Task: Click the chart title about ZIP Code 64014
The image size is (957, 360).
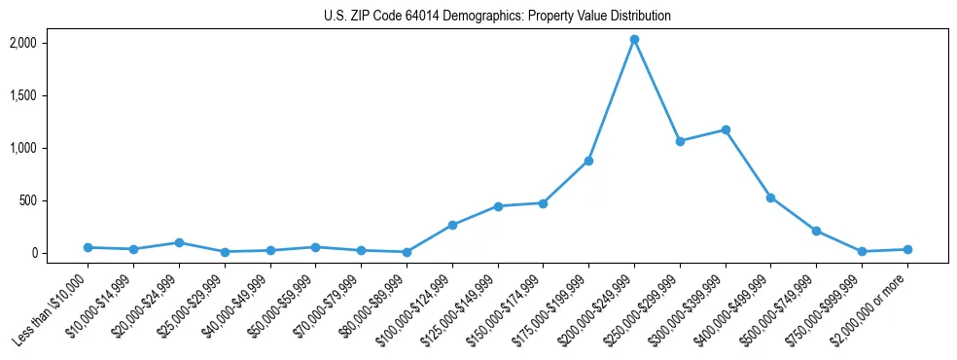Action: tap(497, 17)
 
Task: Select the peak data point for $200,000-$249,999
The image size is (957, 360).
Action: tap(634, 40)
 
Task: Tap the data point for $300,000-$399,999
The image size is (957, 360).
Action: tap(726, 129)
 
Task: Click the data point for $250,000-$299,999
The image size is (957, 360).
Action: tap(680, 141)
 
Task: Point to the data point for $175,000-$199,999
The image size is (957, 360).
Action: tap(588, 161)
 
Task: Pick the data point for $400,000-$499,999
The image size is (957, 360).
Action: tap(770, 198)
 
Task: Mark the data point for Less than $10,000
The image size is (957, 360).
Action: tap(88, 247)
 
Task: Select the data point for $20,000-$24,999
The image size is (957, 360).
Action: tap(179, 242)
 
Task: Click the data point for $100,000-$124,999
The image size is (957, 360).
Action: tap(452, 225)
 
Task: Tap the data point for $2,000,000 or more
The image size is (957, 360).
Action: tap(907, 249)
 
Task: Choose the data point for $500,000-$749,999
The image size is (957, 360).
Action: tap(816, 231)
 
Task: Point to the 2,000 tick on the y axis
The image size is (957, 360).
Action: tap(23, 43)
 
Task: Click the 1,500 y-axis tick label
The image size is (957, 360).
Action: tap(23, 95)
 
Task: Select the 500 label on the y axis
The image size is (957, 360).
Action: tap(28, 200)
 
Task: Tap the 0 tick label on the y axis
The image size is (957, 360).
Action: tap(34, 253)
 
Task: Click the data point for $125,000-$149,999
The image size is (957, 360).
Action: tap(498, 206)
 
